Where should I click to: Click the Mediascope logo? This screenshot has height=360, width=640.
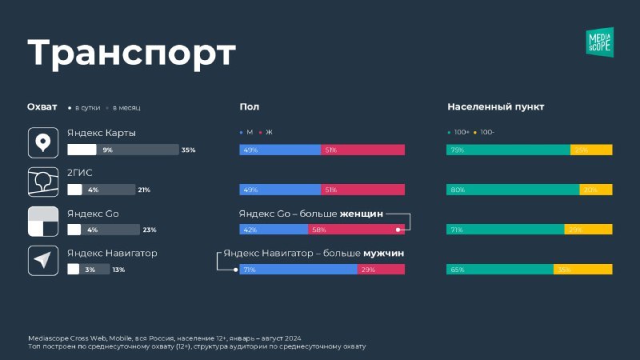(599, 42)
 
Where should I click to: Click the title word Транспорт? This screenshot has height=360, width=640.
(132, 54)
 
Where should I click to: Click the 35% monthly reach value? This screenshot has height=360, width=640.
(189, 150)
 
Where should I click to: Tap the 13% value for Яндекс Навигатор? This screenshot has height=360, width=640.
(118, 270)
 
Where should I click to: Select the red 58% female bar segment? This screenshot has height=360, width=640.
(356, 230)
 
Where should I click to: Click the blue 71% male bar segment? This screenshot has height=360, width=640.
(298, 270)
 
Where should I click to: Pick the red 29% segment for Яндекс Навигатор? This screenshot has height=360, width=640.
(381, 270)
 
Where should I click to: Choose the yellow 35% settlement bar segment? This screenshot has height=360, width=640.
(582, 270)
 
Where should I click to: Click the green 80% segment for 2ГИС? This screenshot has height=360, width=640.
(513, 190)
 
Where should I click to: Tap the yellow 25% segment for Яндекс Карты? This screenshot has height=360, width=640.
(591, 150)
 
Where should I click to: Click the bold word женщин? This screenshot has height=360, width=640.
(362, 214)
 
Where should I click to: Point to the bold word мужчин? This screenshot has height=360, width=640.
(383, 253)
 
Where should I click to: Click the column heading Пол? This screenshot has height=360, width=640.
(249, 106)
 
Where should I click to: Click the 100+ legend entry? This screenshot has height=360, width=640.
(460, 131)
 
